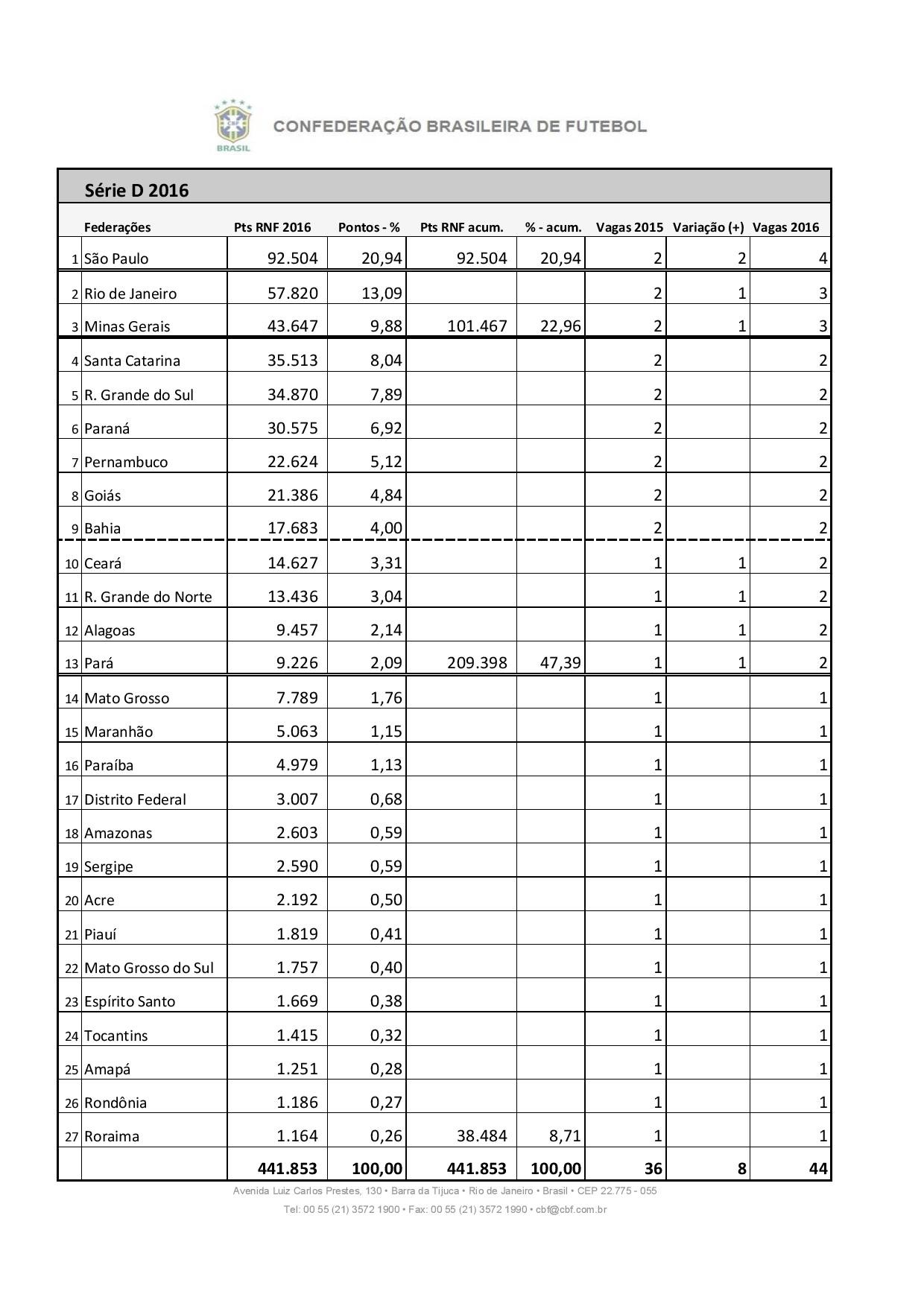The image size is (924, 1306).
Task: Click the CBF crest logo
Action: click(232, 124)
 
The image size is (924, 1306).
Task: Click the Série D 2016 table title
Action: click(136, 191)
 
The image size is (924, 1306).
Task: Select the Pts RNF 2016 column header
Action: click(272, 227)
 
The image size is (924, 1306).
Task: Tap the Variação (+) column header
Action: click(708, 227)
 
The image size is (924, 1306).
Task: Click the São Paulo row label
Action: click(116, 259)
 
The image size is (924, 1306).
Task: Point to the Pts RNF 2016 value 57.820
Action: click(292, 293)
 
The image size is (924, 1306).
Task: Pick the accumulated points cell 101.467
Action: click(477, 326)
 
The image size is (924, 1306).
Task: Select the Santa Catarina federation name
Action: click(132, 361)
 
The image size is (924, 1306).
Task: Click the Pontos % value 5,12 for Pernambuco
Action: click(386, 461)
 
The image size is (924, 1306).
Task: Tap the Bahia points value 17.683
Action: click(292, 527)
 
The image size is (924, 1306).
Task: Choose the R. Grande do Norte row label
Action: click(148, 597)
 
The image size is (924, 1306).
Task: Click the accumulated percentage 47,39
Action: click(560, 662)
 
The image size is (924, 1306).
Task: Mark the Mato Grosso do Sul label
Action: click(149, 968)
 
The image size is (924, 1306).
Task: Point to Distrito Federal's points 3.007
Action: click(297, 799)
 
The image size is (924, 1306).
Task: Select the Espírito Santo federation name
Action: click(130, 1001)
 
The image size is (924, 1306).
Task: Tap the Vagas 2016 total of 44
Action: click(817, 1169)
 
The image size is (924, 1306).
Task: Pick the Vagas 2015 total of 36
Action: click(653, 1169)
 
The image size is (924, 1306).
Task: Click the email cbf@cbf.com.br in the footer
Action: click(571, 1209)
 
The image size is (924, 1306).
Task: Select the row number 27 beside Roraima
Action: click(72, 1137)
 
